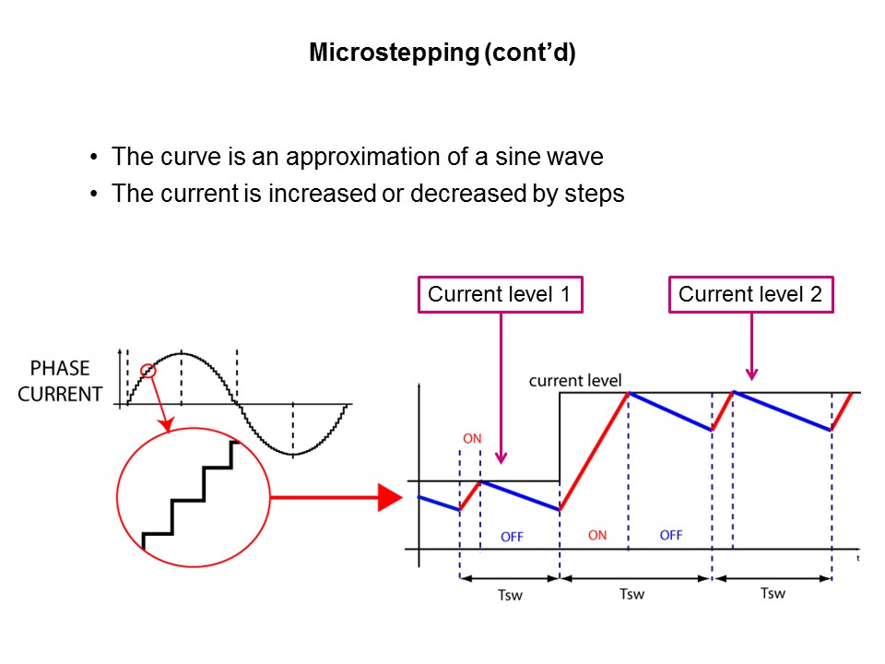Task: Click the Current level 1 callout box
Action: pos(501,295)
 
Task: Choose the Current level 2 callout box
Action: pos(750,295)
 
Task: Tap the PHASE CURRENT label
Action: pos(60,381)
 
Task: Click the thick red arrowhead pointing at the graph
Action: pos(390,498)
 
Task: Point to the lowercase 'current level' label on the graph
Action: pos(575,380)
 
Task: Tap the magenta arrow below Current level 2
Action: pos(751,347)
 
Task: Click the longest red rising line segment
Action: pos(594,452)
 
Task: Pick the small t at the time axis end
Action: pos(857,558)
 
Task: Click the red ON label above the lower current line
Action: pos(472,439)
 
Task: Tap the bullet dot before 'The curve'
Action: pos(94,158)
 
